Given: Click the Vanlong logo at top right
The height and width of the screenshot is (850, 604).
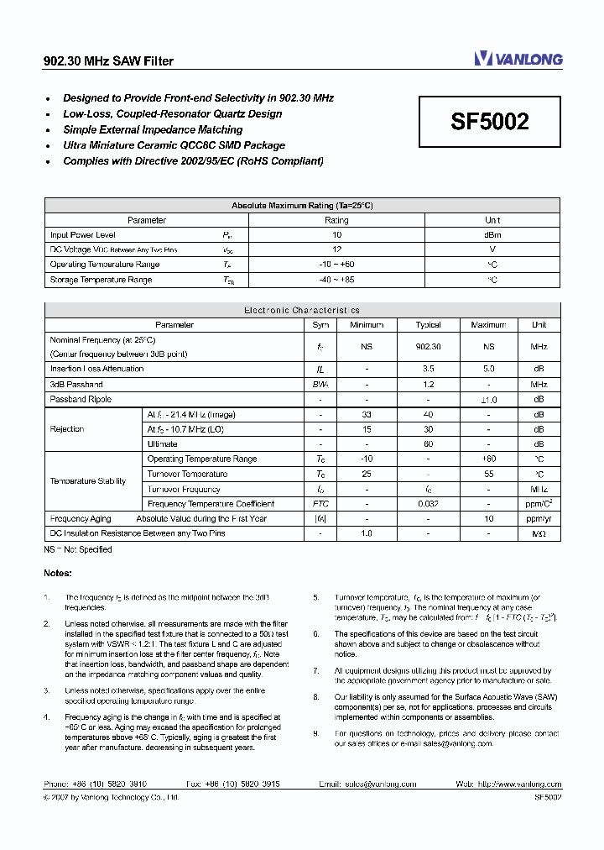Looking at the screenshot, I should (x=518, y=59).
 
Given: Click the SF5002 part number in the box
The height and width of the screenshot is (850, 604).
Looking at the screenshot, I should (x=490, y=123).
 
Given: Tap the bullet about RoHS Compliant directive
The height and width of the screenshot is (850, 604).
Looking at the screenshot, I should (x=193, y=161).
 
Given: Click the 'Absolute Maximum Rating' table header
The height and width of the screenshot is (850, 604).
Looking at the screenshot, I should (x=302, y=205).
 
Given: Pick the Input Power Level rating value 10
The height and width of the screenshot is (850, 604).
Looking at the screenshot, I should (x=336, y=235).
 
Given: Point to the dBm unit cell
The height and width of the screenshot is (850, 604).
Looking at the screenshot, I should (x=492, y=235).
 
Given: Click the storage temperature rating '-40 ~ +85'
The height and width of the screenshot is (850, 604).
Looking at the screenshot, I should (x=336, y=280).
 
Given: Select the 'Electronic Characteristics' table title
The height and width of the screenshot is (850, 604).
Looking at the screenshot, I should (x=302, y=310).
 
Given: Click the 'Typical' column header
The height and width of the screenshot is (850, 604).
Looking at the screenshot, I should (x=428, y=324).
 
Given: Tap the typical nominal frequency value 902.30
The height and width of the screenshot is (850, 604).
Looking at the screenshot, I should (x=428, y=346).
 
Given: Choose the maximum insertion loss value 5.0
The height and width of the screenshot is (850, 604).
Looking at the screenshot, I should (x=488, y=369).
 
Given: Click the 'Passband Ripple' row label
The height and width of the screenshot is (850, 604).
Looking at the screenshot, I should (x=81, y=399).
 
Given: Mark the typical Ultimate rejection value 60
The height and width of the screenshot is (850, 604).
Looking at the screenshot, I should (x=428, y=443).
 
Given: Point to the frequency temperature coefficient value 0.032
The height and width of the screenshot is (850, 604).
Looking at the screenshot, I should (x=428, y=504).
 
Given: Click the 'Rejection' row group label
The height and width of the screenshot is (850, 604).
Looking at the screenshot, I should (x=67, y=429).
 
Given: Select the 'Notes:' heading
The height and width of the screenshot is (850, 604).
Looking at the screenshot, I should (x=58, y=573).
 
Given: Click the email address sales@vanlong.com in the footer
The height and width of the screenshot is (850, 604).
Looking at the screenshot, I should (x=379, y=784).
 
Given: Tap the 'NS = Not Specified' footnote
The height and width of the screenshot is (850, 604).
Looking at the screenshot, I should (x=78, y=549).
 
